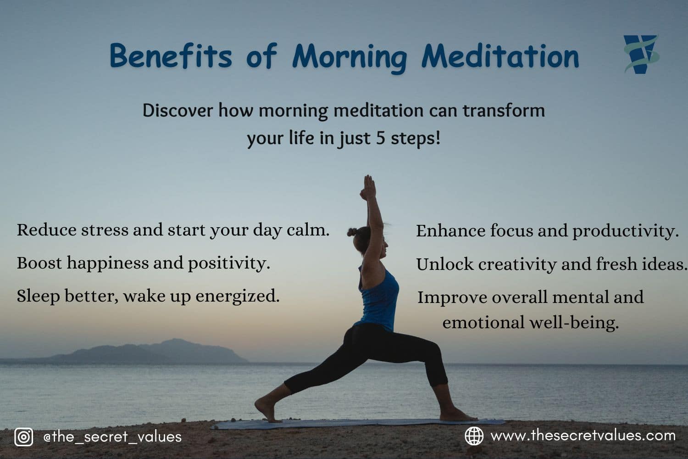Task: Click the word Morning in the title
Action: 349,57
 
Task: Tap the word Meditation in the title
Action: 500,56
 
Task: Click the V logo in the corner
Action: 641,54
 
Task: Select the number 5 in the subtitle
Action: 380,138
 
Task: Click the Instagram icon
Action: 23,437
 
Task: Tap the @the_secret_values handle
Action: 112,437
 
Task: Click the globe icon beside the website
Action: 474,436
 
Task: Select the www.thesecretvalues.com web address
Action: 583,435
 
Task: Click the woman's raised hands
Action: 368,186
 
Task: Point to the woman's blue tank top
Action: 380,298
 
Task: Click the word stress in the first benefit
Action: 105,230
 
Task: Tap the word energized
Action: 237,296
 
